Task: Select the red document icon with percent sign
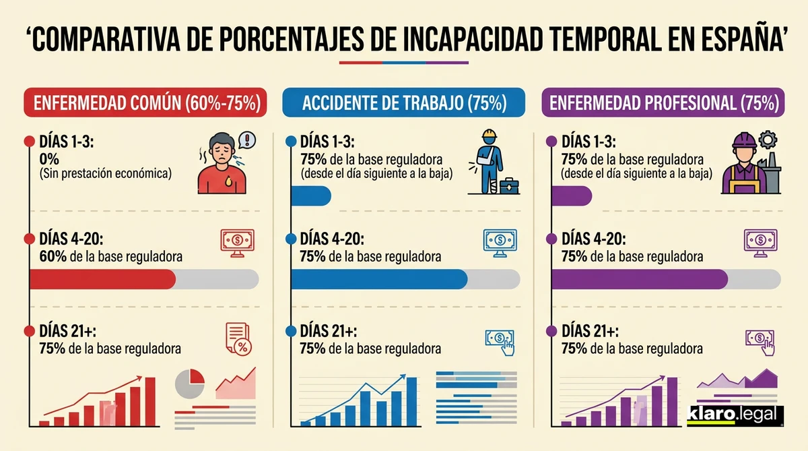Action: [x=238, y=338]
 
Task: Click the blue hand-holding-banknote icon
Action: [x=499, y=339]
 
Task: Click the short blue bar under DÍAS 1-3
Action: [x=310, y=196]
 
